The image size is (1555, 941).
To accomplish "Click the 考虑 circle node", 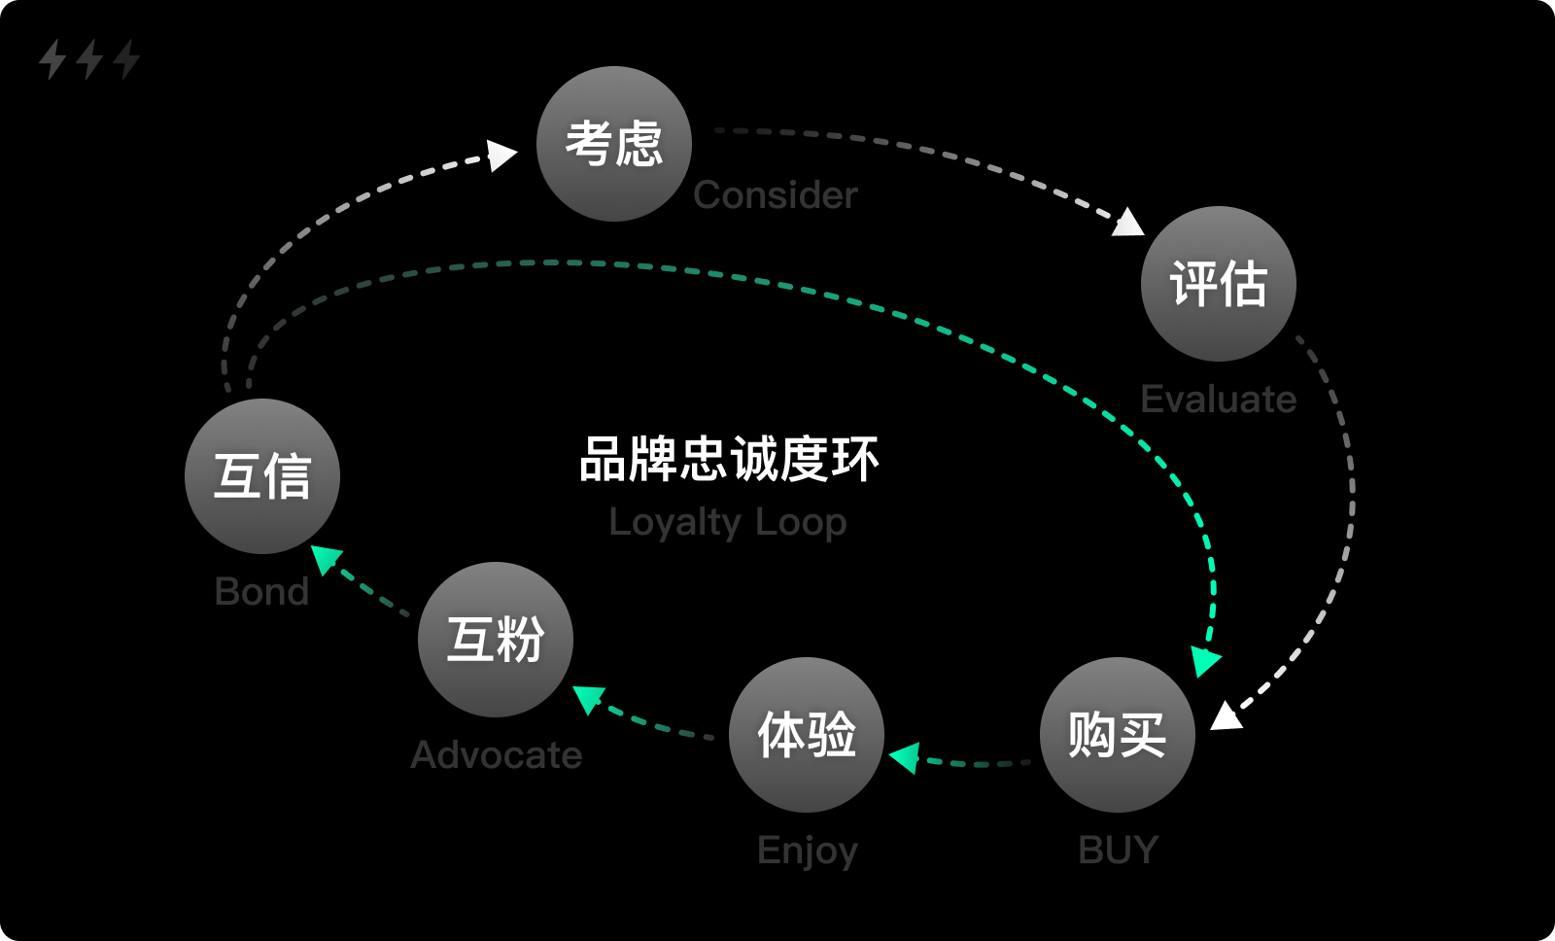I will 613,144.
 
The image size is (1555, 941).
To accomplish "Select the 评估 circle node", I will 1218,284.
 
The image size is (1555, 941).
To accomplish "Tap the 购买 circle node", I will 1117,735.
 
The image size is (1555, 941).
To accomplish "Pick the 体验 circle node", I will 806,735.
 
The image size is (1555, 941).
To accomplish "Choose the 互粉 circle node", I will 495,640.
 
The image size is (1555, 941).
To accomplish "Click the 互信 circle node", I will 261,476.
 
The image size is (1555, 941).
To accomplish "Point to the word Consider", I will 775,195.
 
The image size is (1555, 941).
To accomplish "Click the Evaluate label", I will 1218,400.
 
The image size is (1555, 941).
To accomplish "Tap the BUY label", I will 1118,851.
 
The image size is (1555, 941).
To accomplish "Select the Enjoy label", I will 807,851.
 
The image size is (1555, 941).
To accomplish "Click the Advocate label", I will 496,755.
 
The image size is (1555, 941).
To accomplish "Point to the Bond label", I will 261,592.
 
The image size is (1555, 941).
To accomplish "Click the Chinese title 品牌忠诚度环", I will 728,460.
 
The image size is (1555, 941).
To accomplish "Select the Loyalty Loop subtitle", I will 728,523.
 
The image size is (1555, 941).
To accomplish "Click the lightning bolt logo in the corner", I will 88,59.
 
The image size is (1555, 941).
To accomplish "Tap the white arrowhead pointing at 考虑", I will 501,155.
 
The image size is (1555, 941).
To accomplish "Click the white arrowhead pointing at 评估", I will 1128,224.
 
